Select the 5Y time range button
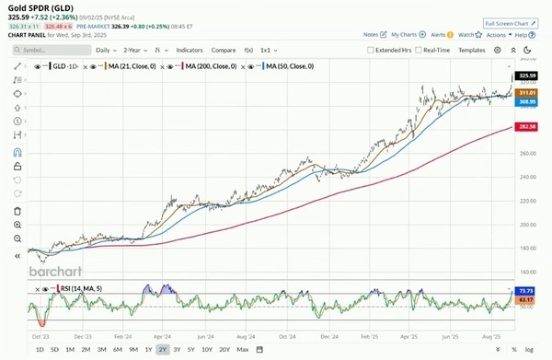(x=190, y=350)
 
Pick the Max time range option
(x=242, y=350)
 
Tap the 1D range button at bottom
(x=39, y=350)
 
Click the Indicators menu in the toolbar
(x=190, y=50)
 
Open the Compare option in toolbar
(x=224, y=50)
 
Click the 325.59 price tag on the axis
(x=527, y=75)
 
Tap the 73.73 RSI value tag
(x=527, y=291)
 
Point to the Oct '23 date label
(x=40, y=338)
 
